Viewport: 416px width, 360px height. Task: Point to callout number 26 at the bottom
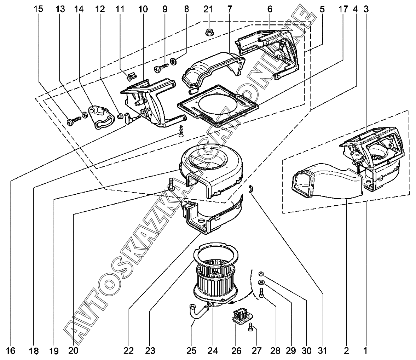236,351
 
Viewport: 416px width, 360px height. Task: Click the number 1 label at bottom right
365,351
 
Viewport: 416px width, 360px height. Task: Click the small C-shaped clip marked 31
251,189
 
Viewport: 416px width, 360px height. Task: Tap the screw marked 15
74,121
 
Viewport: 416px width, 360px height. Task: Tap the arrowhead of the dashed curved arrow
230,303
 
